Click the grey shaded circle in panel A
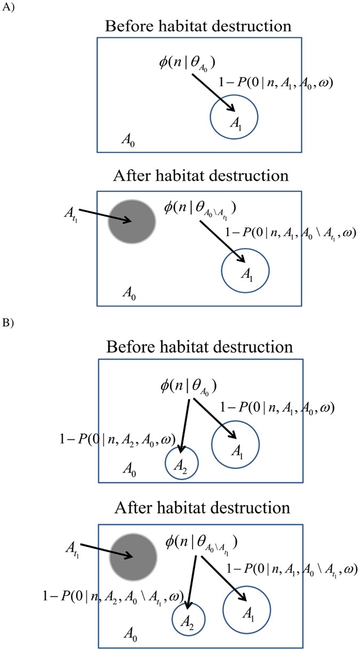click(132, 222)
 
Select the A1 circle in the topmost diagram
click(234, 118)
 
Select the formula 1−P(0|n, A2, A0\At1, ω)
click(114, 594)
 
